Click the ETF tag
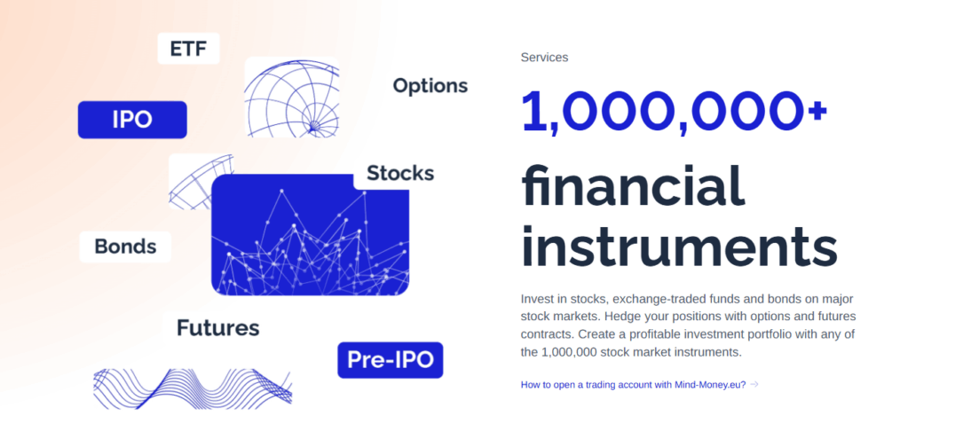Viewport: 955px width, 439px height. coord(188,48)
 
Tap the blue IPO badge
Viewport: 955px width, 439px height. coord(132,120)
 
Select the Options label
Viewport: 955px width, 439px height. coord(430,86)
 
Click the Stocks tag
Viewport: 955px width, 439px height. coord(400,174)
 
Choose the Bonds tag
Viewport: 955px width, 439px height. coord(125,247)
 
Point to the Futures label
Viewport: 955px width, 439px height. coord(217,328)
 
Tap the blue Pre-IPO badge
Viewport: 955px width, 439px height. coord(390,360)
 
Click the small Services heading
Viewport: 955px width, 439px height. coord(544,58)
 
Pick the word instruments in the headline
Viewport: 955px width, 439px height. coord(679,247)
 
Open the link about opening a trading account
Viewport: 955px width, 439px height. coord(634,384)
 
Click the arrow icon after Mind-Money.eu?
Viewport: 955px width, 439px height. coord(754,384)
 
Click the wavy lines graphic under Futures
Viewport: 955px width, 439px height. coord(193,388)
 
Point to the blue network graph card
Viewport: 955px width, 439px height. coord(310,235)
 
